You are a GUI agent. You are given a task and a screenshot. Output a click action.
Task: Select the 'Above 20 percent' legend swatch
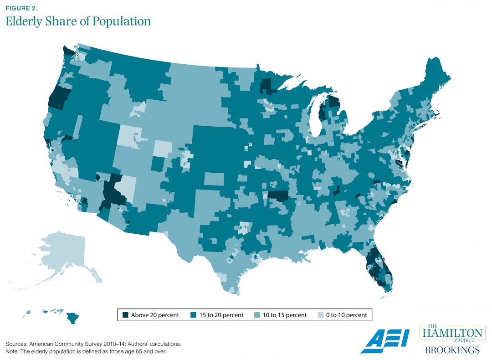[x=125, y=315]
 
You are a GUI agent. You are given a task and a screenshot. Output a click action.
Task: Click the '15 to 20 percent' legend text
[x=221, y=315]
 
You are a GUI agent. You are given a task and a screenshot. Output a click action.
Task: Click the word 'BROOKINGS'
[x=452, y=350]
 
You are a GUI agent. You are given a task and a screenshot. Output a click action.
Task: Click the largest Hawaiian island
[x=72, y=317]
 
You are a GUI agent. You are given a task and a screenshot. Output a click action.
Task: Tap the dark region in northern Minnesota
[x=268, y=85]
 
